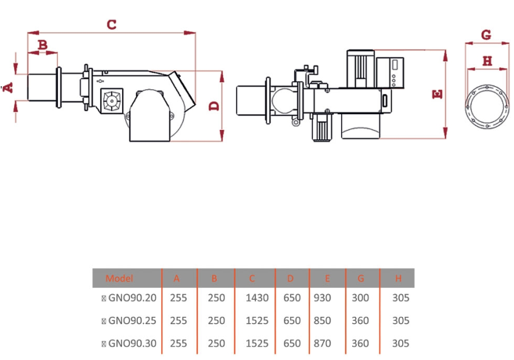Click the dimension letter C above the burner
111,24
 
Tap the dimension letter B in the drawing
42,45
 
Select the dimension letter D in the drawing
214,106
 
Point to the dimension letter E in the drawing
437,95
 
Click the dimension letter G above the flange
486,34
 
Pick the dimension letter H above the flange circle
487,61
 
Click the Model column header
120,279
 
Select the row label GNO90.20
132,297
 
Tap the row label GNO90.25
132,320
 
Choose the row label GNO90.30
132,344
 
